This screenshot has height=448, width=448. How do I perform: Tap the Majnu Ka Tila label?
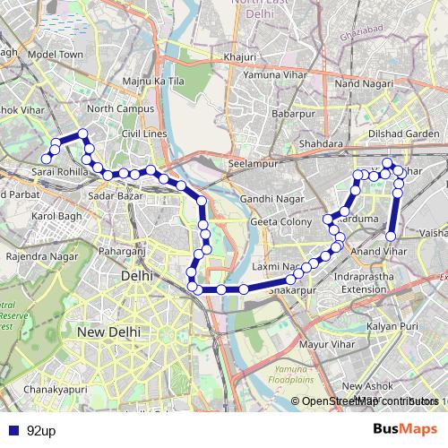152,82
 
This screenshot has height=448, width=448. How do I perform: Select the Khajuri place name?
241,58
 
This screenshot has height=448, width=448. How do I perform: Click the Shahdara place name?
322,143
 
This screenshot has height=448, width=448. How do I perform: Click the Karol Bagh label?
56,216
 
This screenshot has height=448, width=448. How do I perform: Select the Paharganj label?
121,253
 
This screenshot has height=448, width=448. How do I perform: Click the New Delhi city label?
107,332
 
